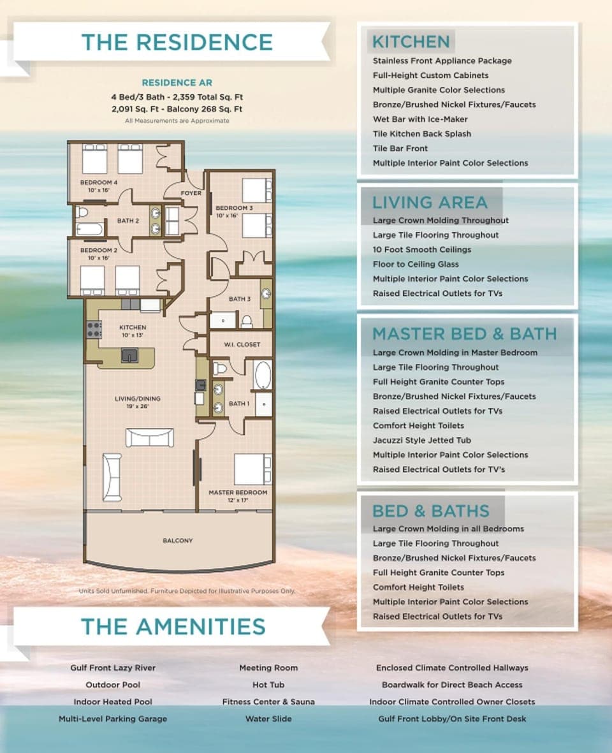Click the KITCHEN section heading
[411, 42]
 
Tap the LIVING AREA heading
[430, 202]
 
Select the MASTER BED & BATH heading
[464, 333]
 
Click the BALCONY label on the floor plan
[178, 540]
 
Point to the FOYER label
[191, 193]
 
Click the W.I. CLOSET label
[242, 344]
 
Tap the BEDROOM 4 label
[99, 182]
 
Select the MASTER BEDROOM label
[238, 492]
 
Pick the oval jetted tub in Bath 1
[263, 375]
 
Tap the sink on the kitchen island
[129, 355]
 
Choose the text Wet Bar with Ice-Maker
[420, 119]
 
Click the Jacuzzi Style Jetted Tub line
[422, 440]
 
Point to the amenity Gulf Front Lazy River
[113, 668]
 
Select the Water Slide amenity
[268, 719]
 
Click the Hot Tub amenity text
[268, 685]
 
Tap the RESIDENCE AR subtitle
[177, 83]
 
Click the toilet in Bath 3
[246, 320]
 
